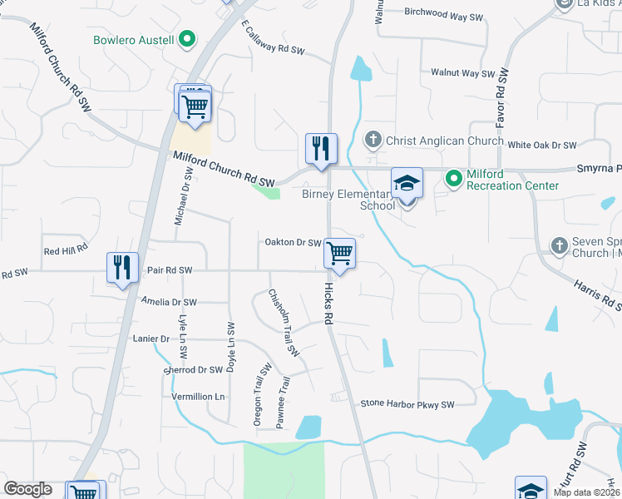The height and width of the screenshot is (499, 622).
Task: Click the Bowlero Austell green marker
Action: [x=187, y=39]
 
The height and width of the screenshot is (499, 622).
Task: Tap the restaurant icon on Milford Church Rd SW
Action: [x=321, y=149]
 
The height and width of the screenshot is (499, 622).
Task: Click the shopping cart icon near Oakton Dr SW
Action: [x=339, y=253]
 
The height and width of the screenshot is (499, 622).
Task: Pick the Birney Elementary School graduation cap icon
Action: [x=407, y=183]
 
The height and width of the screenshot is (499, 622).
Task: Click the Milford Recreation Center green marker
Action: [x=453, y=178]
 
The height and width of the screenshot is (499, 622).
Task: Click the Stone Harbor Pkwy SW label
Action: [x=407, y=405]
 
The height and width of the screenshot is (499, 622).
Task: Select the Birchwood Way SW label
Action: [x=443, y=14]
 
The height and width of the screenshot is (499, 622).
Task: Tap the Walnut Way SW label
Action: [x=462, y=73]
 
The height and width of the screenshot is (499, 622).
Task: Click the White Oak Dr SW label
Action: [x=541, y=145]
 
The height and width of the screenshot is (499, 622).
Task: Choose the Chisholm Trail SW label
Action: [x=283, y=323]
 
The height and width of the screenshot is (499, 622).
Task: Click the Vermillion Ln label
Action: [x=198, y=397]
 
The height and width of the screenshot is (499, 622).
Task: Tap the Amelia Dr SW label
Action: [x=169, y=302]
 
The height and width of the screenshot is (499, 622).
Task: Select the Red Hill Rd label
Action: [x=66, y=250]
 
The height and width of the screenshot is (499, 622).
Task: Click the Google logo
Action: [x=27, y=489]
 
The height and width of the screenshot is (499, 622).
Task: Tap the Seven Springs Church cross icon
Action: [x=560, y=245]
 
